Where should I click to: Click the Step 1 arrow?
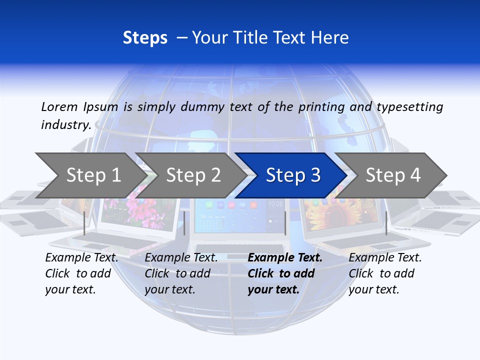click(90, 175)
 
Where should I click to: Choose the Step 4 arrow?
click(392, 175)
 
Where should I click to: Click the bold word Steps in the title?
click(145, 38)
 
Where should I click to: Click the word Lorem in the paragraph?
click(59, 106)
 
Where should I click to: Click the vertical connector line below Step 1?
click(84, 223)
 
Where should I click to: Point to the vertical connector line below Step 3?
click(285, 223)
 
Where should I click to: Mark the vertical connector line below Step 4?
click(386, 223)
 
